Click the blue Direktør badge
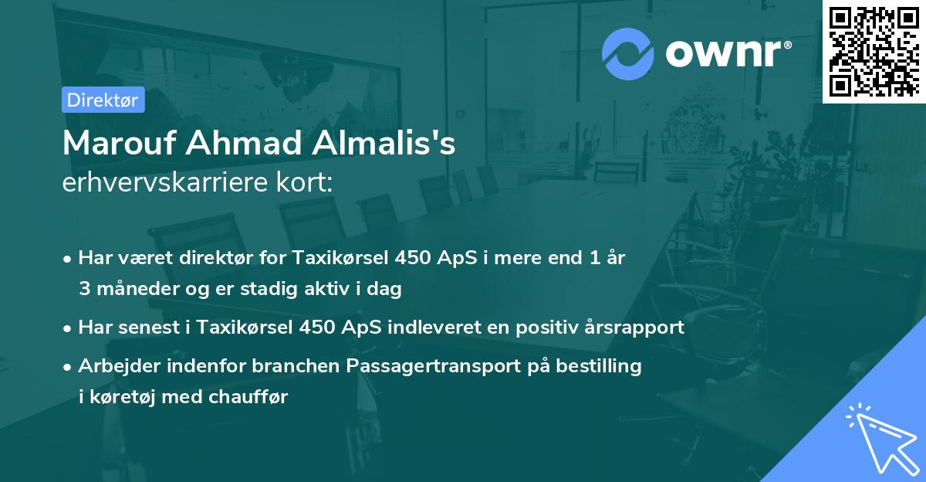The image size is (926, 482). coord(103,100)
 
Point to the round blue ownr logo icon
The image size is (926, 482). coord(628,54)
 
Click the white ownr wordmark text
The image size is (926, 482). coord(726,54)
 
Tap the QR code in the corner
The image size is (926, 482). coord(874,51)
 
